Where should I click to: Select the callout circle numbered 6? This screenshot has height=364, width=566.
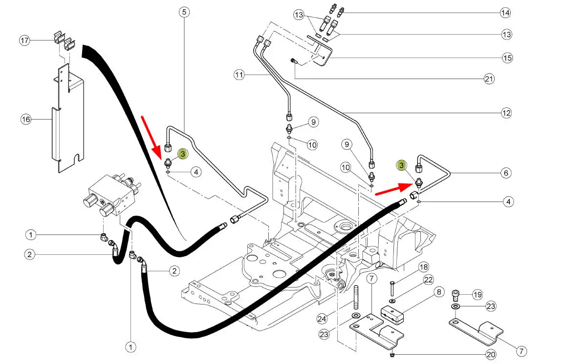point(506,173)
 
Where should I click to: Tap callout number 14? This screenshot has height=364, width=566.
point(506,12)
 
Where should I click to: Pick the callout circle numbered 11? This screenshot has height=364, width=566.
point(239,75)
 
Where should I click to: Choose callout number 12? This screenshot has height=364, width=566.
point(506,113)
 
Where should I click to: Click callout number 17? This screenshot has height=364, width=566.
point(25,40)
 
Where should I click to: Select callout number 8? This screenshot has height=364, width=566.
point(438,292)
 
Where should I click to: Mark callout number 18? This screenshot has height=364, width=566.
point(423,267)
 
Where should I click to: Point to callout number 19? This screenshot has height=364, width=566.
point(478,294)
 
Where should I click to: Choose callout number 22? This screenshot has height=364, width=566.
point(429,280)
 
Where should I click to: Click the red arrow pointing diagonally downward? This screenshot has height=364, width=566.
point(152,133)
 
